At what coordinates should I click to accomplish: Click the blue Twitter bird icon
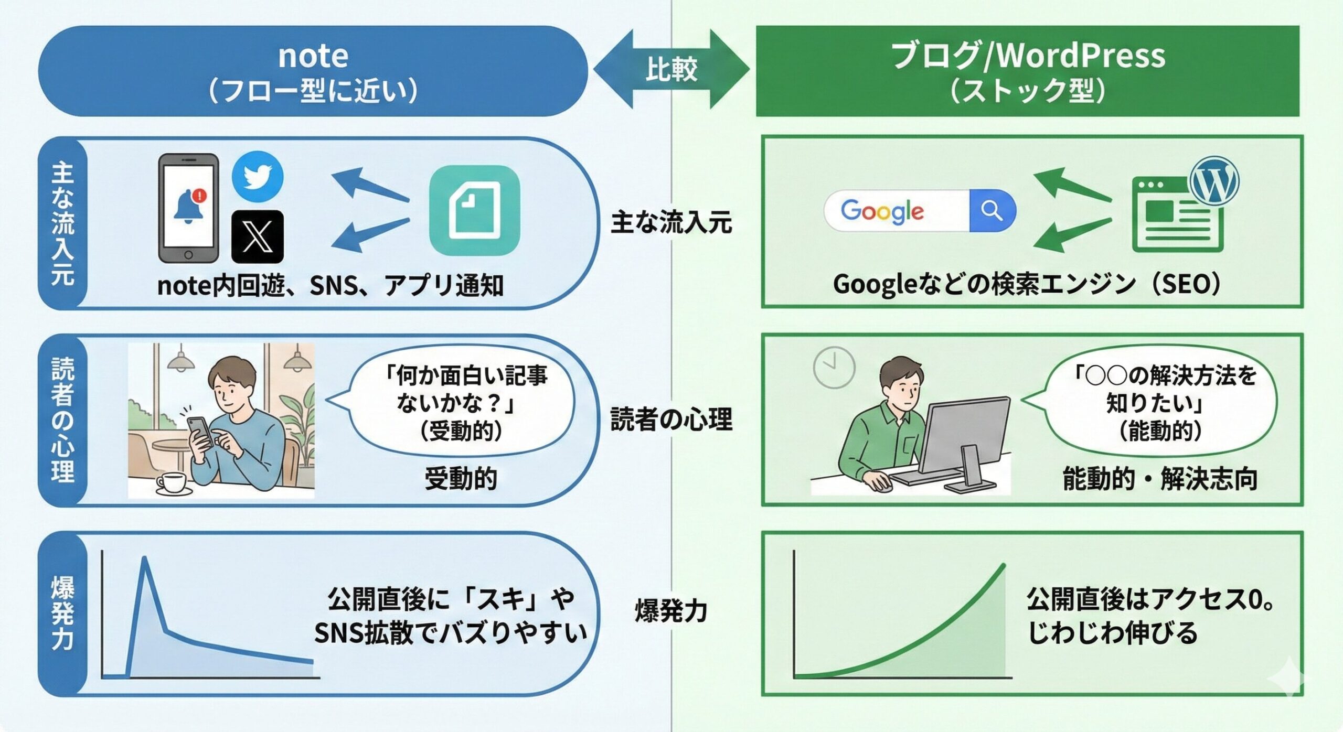[x=258, y=177]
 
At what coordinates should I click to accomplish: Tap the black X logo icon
[x=258, y=236]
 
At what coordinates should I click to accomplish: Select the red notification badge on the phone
[x=199, y=196]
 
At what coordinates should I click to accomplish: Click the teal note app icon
[x=474, y=210]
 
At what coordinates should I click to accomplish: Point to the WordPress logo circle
[x=1214, y=181]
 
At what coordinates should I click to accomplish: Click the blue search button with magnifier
[x=992, y=211]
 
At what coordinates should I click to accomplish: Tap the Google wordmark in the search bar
[x=882, y=211]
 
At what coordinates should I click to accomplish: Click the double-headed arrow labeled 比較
[x=671, y=69]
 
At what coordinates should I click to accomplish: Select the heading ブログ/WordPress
[x=1028, y=56]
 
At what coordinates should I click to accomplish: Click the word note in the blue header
[x=313, y=56]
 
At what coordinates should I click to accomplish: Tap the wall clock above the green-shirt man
[x=834, y=367]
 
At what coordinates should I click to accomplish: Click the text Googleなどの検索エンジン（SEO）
[x=1027, y=285]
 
